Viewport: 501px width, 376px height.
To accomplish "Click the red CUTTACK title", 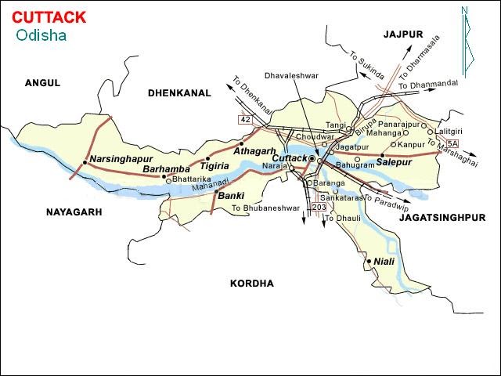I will (49, 17).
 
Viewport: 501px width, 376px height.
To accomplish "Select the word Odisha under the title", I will (41, 35).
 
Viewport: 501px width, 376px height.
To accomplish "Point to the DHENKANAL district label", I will (179, 92).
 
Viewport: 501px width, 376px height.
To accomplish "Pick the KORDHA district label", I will (252, 283).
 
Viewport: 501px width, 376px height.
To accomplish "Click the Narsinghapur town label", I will (117, 159).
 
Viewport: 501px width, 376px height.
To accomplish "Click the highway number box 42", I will (245, 119).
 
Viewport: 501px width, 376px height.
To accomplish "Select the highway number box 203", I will (318, 207).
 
